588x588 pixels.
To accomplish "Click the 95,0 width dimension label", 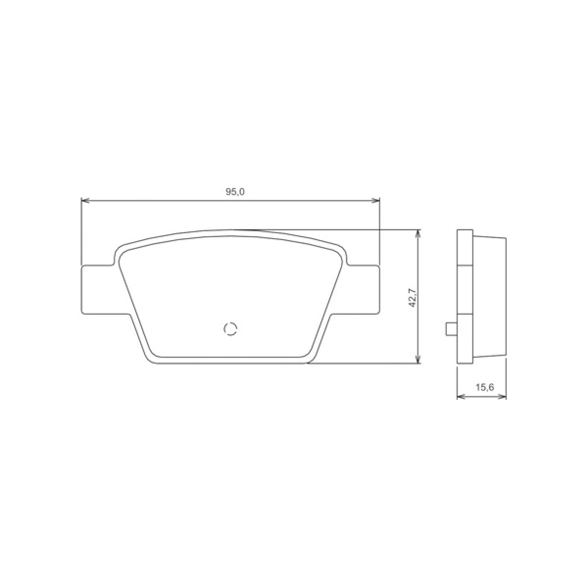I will click(235, 192).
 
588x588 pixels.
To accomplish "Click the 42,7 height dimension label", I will click(412, 297).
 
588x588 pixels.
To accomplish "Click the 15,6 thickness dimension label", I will click(484, 387).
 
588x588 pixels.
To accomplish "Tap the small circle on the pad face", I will click(230, 329).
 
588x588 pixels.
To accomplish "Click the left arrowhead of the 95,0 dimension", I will click(84, 200).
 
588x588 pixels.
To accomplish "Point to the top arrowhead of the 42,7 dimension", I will click(417, 232).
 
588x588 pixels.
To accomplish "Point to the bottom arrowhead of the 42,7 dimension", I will click(417, 360).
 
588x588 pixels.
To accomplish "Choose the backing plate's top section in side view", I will click(465, 247).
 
